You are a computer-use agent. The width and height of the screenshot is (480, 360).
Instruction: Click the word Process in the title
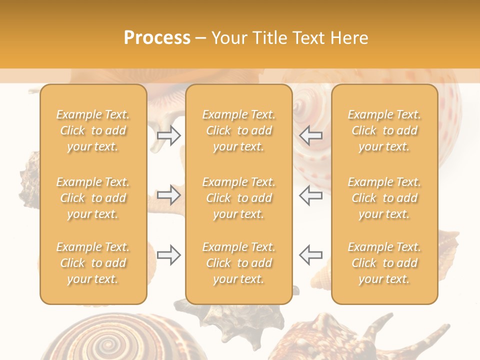[x=157, y=38]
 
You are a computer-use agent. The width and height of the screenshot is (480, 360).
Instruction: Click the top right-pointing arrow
[x=169, y=135]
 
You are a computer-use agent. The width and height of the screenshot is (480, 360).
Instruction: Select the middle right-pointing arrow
[x=169, y=195]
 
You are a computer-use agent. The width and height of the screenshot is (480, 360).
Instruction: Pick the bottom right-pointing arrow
[x=169, y=255]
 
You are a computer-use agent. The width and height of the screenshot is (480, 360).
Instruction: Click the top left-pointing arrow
[x=310, y=135]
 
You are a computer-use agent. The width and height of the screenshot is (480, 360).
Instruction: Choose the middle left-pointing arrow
[x=310, y=195]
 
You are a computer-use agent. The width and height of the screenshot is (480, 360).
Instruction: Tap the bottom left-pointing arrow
[x=310, y=255]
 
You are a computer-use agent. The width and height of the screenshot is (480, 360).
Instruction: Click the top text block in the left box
[x=93, y=130]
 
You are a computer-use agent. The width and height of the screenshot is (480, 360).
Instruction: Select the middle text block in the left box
[x=93, y=198]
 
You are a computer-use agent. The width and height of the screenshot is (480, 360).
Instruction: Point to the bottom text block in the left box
[x=93, y=263]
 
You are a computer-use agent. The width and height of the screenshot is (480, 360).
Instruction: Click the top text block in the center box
[x=238, y=130]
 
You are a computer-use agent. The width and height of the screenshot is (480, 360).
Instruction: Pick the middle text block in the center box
[x=238, y=198]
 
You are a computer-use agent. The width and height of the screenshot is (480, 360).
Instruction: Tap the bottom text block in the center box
[x=238, y=263]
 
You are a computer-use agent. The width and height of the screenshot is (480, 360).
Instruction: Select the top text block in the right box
[x=384, y=130]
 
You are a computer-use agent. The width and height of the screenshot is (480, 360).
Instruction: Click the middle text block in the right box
[x=384, y=198]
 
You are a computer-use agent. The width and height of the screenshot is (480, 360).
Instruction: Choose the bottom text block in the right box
[x=384, y=263]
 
